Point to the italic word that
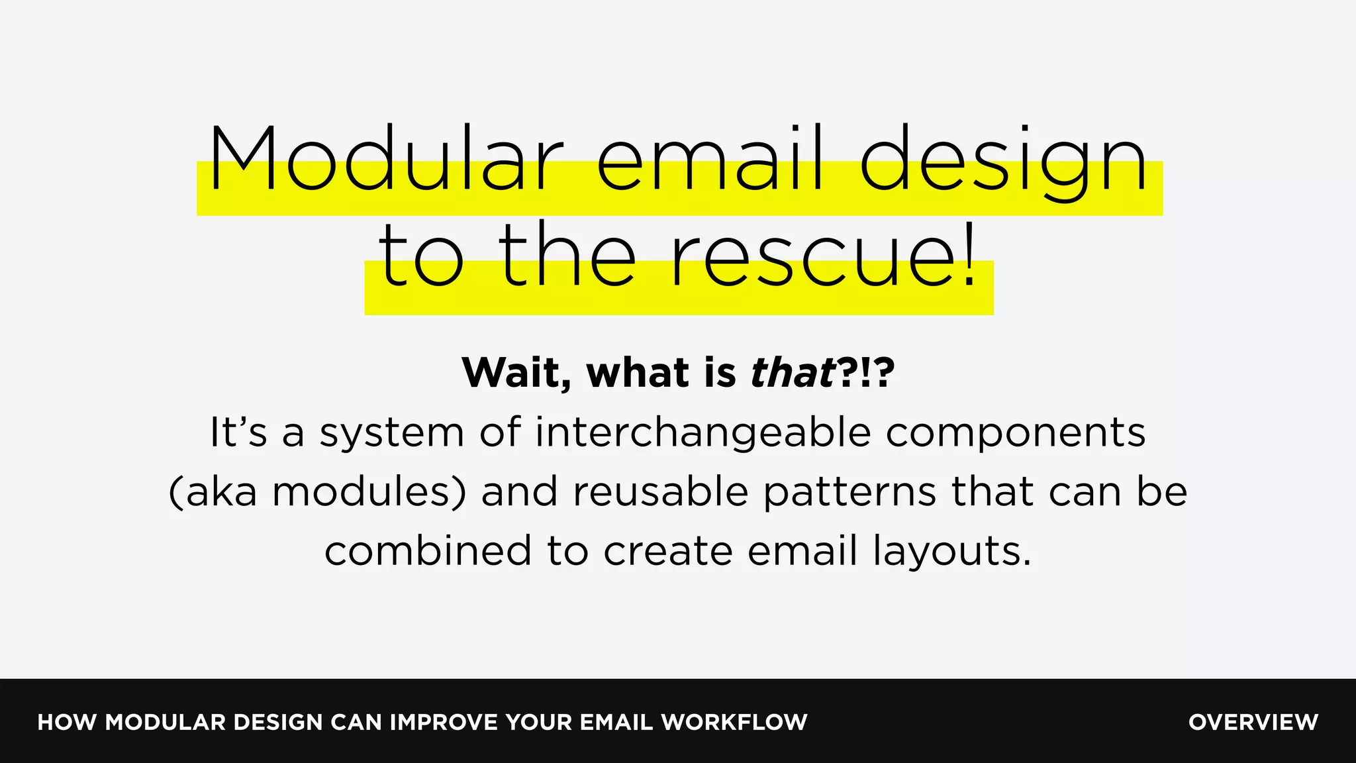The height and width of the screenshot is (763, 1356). click(x=792, y=372)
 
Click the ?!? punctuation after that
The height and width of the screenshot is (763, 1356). click(x=865, y=372)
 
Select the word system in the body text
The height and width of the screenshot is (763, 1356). click(x=392, y=433)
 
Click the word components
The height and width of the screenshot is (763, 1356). click(x=1015, y=433)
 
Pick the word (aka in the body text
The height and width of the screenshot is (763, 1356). click(x=213, y=492)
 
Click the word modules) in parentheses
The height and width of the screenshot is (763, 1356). click(x=369, y=492)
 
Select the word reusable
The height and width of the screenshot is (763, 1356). click(x=660, y=492)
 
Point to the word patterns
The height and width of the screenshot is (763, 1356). click(x=849, y=492)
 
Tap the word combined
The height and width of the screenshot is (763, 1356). click(x=428, y=551)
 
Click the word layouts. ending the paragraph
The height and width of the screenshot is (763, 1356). click(x=952, y=551)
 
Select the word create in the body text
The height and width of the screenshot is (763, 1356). click(x=667, y=551)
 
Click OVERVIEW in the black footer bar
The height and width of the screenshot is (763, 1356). click(x=1253, y=722)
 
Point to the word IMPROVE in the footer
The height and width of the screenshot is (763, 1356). click(x=444, y=722)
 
